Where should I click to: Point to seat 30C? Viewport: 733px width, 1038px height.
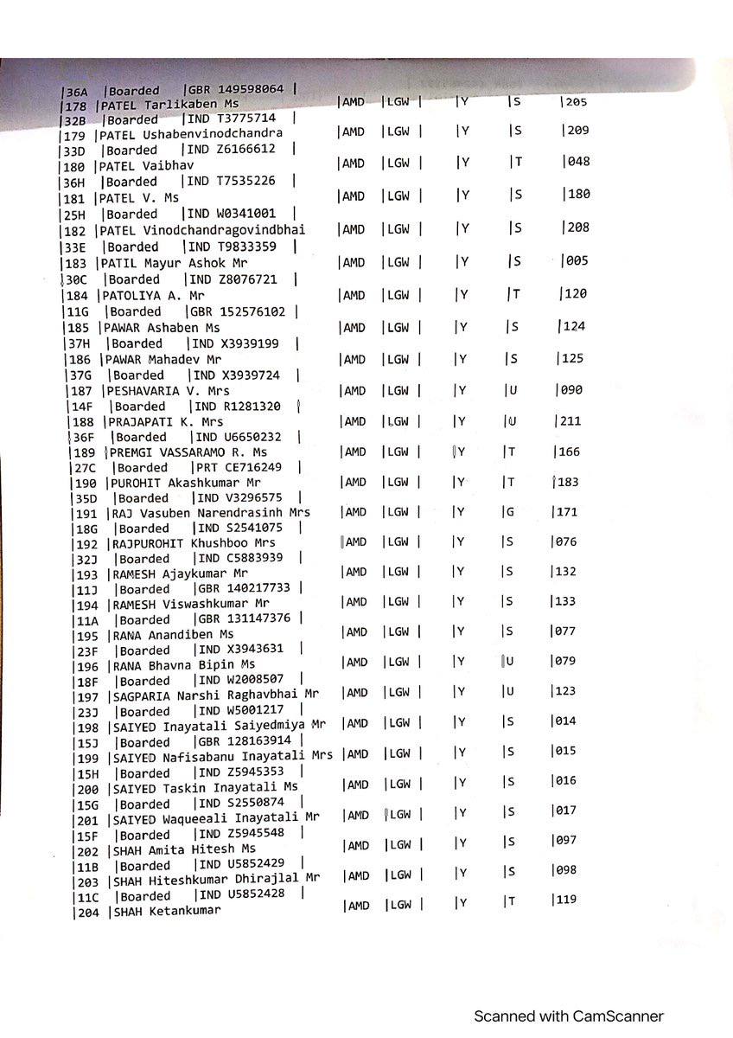point(76,279)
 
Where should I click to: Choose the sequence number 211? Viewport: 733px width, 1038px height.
point(571,421)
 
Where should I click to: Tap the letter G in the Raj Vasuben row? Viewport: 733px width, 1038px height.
point(510,512)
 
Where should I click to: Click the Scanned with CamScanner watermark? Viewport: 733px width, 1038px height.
point(568,1016)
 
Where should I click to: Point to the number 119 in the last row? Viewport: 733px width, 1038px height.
point(566,900)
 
